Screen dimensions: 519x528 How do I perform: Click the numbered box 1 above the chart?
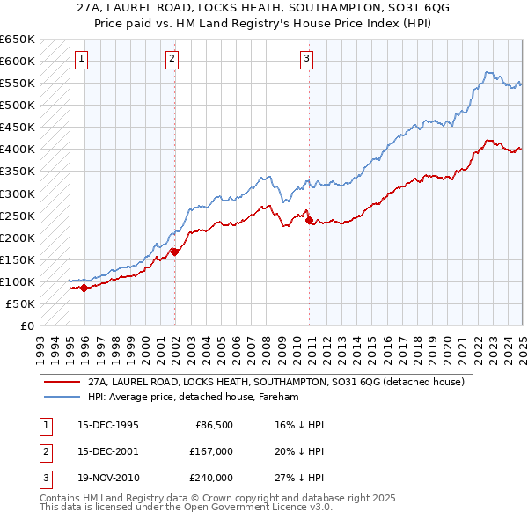(x=81, y=60)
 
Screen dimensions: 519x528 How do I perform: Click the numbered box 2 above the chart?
(x=172, y=60)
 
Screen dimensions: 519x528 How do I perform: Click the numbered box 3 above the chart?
(x=306, y=60)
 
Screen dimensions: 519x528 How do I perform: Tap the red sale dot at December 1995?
(x=84, y=287)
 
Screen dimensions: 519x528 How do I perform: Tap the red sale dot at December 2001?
(x=174, y=252)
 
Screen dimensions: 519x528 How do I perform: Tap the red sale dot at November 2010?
(x=309, y=220)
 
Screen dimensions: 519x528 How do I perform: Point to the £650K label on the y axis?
(x=17, y=40)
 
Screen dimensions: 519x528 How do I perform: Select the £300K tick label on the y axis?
(x=17, y=194)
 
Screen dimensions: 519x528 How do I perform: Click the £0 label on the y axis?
(x=26, y=325)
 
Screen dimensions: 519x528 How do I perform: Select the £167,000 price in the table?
(x=211, y=451)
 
